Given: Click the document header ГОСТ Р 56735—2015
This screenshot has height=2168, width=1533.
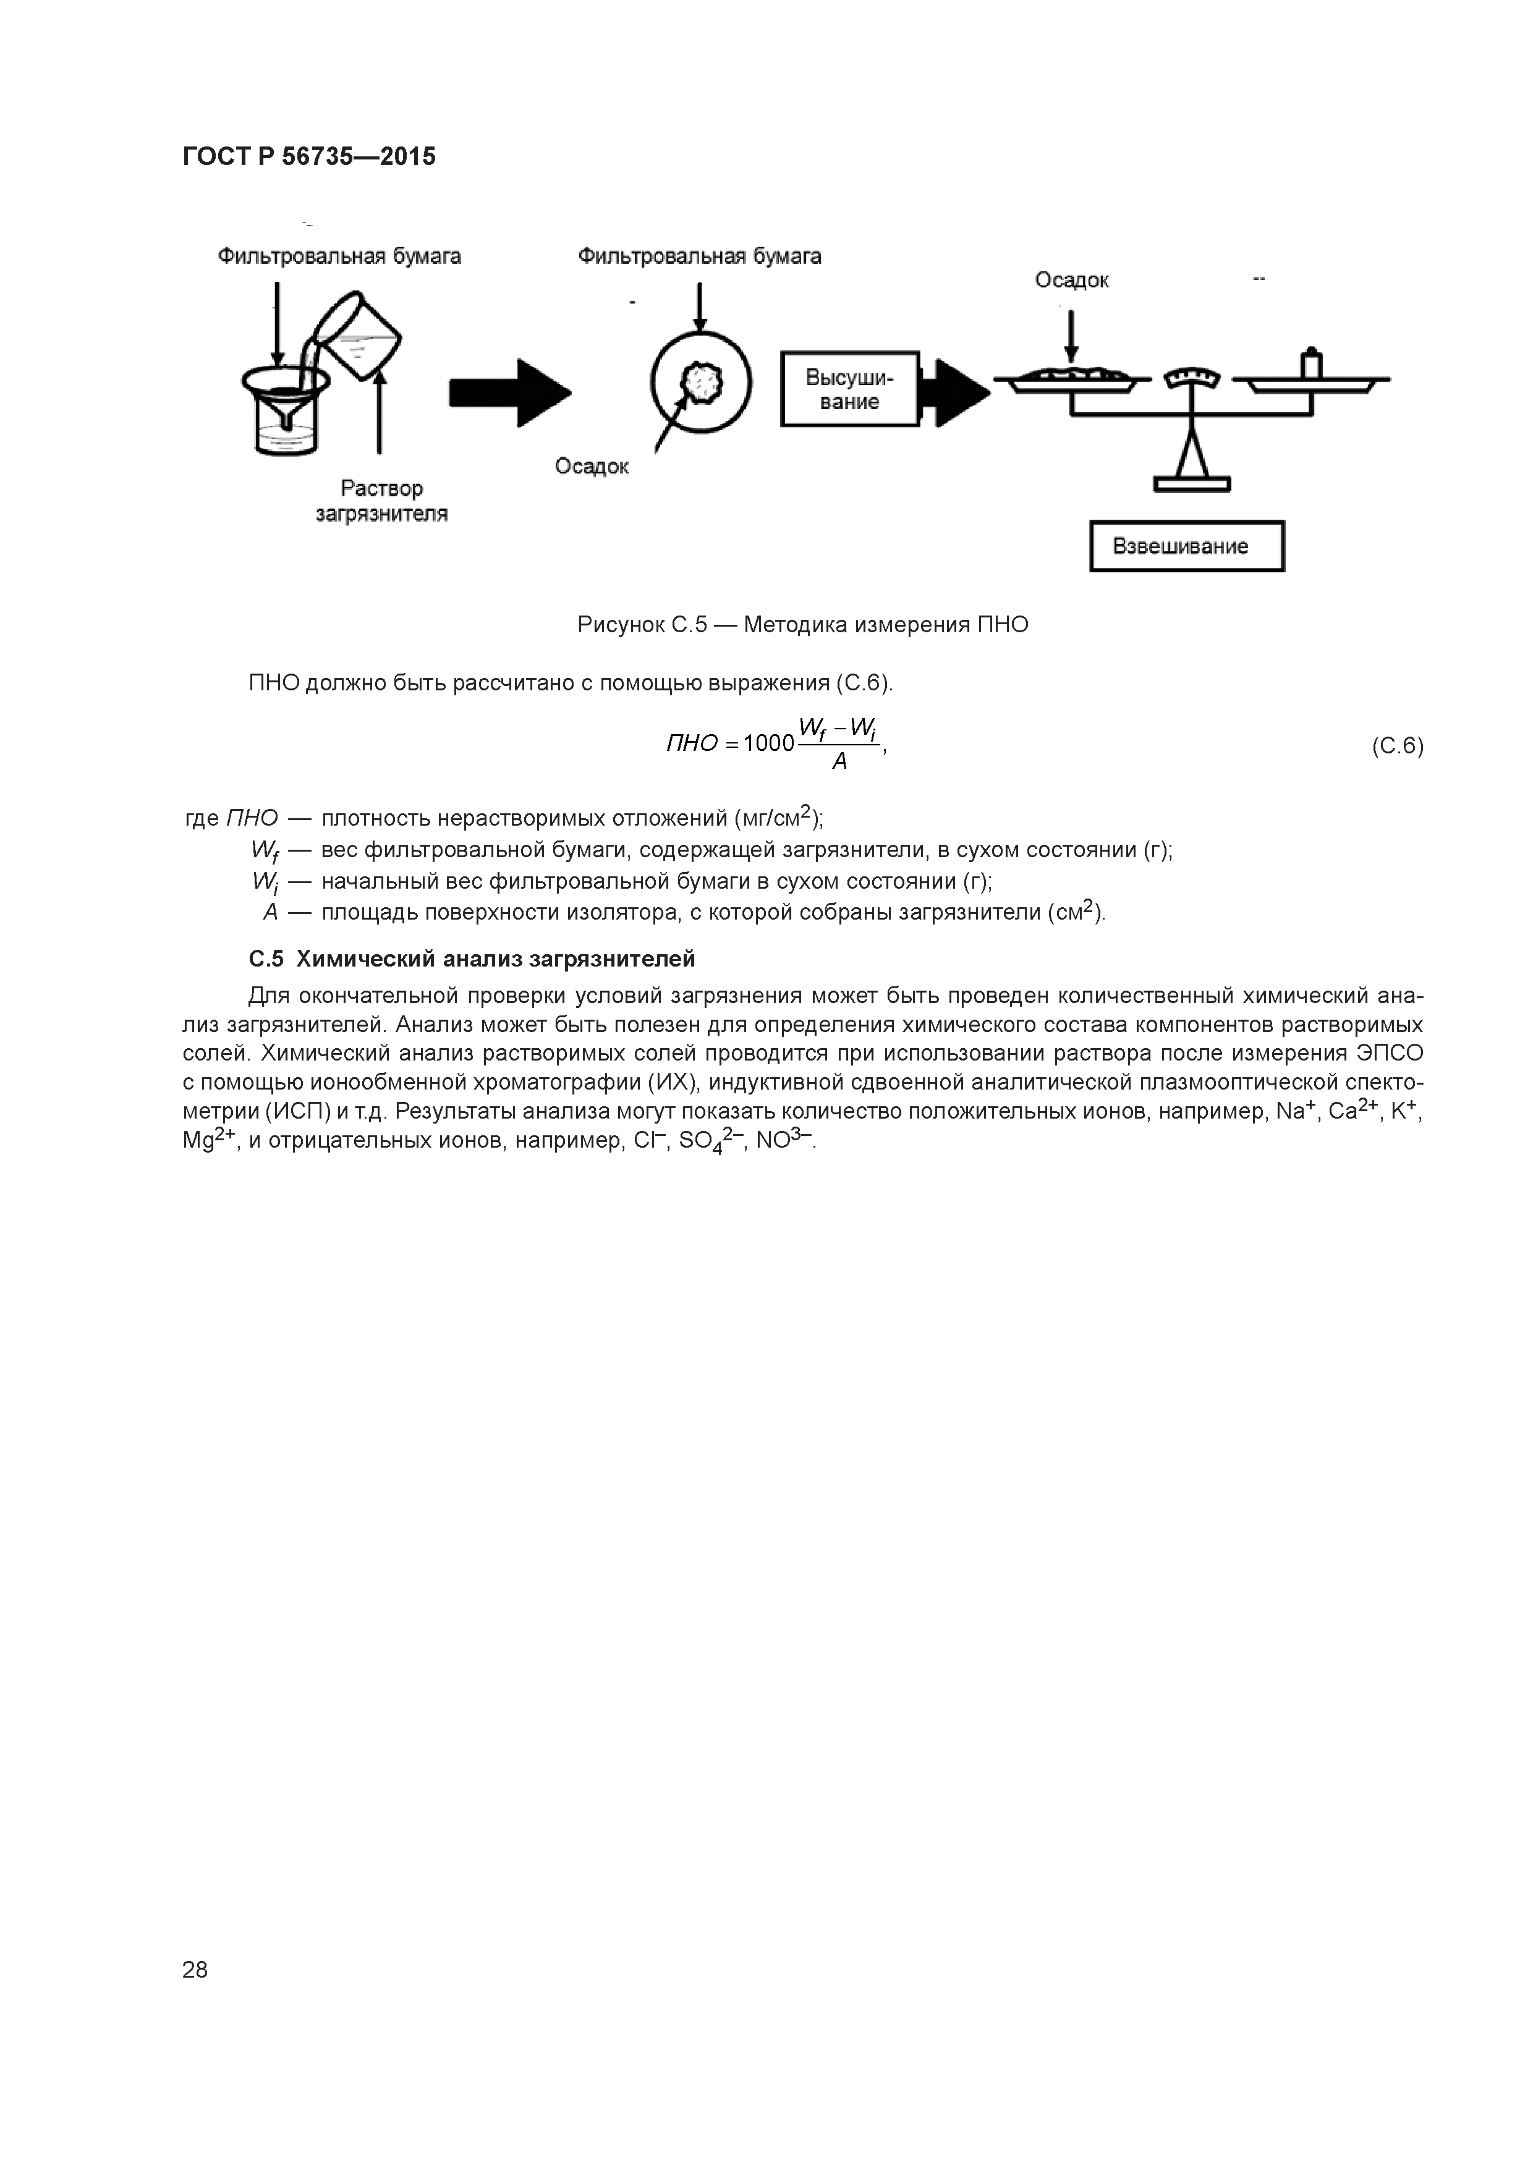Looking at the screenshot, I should click(309, 157).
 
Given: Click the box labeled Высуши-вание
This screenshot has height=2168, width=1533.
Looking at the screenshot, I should click(849, 389).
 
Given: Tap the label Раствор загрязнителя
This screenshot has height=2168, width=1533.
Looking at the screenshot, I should click(381, 501).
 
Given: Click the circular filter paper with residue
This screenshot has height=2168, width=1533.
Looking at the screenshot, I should click(701, 383).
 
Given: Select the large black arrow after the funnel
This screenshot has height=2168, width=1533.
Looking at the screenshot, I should click(510, 391).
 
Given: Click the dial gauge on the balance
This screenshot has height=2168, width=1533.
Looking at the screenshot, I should click(1192, 378).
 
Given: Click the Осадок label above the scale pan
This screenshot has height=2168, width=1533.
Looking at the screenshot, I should click(1071, 281).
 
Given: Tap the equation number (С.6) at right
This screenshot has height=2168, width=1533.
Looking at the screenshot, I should click(1396, 746).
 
